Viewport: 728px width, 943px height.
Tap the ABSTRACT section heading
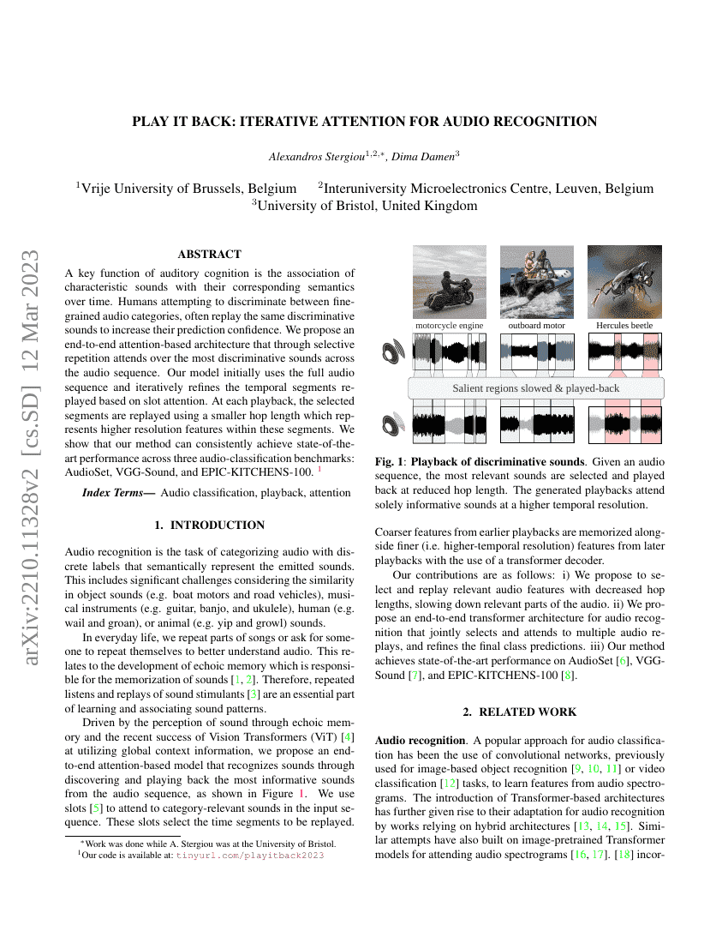click(209, 254)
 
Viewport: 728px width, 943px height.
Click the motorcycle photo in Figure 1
click(450, 281)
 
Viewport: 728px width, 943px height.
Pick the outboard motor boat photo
click(537, 281)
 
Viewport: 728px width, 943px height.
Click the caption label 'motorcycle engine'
click(450, 326)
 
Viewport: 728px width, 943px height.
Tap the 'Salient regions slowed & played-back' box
click(535, 388)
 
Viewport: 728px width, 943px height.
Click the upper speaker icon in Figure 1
click(394, 351)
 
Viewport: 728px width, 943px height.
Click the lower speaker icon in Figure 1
click(394, 425)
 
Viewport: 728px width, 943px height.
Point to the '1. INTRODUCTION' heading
click(209, 525)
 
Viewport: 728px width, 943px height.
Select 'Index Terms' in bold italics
click(117, 493)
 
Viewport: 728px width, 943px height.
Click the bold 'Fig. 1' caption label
click(390, 461)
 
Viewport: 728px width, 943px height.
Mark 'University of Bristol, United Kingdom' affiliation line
click(364, 206)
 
